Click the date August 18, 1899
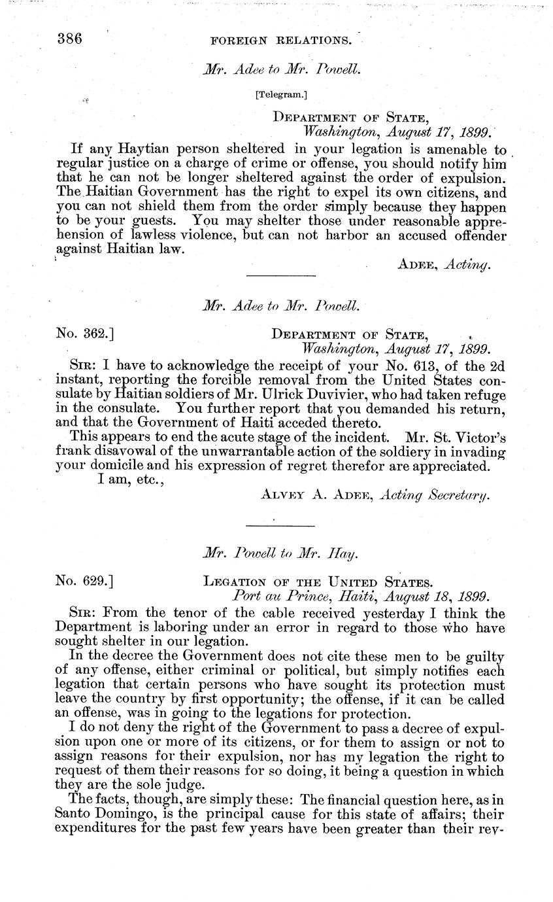(437, 597)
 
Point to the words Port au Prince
(273, 597)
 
